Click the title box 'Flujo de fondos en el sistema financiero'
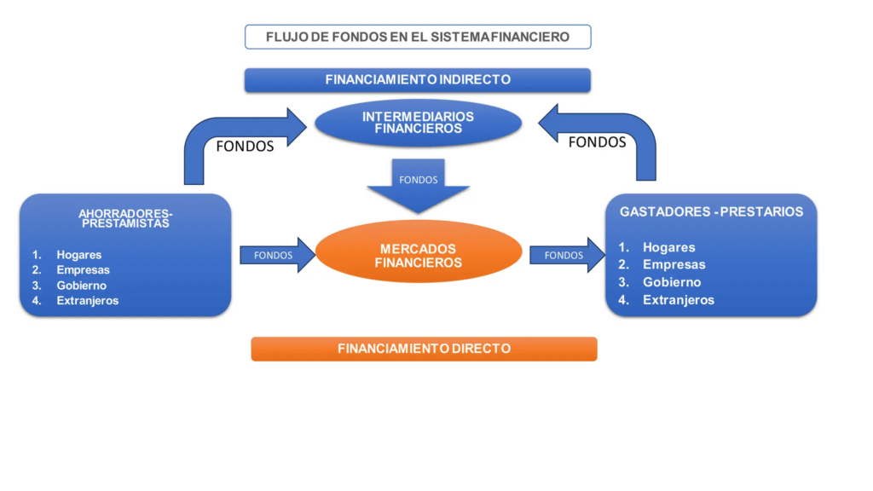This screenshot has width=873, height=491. (418, 37)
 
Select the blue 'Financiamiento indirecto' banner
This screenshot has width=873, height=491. (418, 79)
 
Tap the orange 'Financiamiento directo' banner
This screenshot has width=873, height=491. (424, 349)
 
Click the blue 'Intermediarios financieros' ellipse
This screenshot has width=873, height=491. (418, 123)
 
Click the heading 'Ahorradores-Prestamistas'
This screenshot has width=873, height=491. (125, 218)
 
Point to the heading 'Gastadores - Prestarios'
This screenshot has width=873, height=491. (711, 211)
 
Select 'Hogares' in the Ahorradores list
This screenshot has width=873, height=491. (79, 255)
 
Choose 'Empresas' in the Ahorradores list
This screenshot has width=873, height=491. (83, 270)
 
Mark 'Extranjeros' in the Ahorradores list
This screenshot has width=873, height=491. (88, 301)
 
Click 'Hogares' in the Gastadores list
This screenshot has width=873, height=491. (669, 247)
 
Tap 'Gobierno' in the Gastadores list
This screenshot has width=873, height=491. (672, 282)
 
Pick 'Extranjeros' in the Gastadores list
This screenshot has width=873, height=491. (679, 300)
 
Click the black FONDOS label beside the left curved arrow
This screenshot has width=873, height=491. (245, 146)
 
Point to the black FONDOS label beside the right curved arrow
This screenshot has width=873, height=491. (597, 142)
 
